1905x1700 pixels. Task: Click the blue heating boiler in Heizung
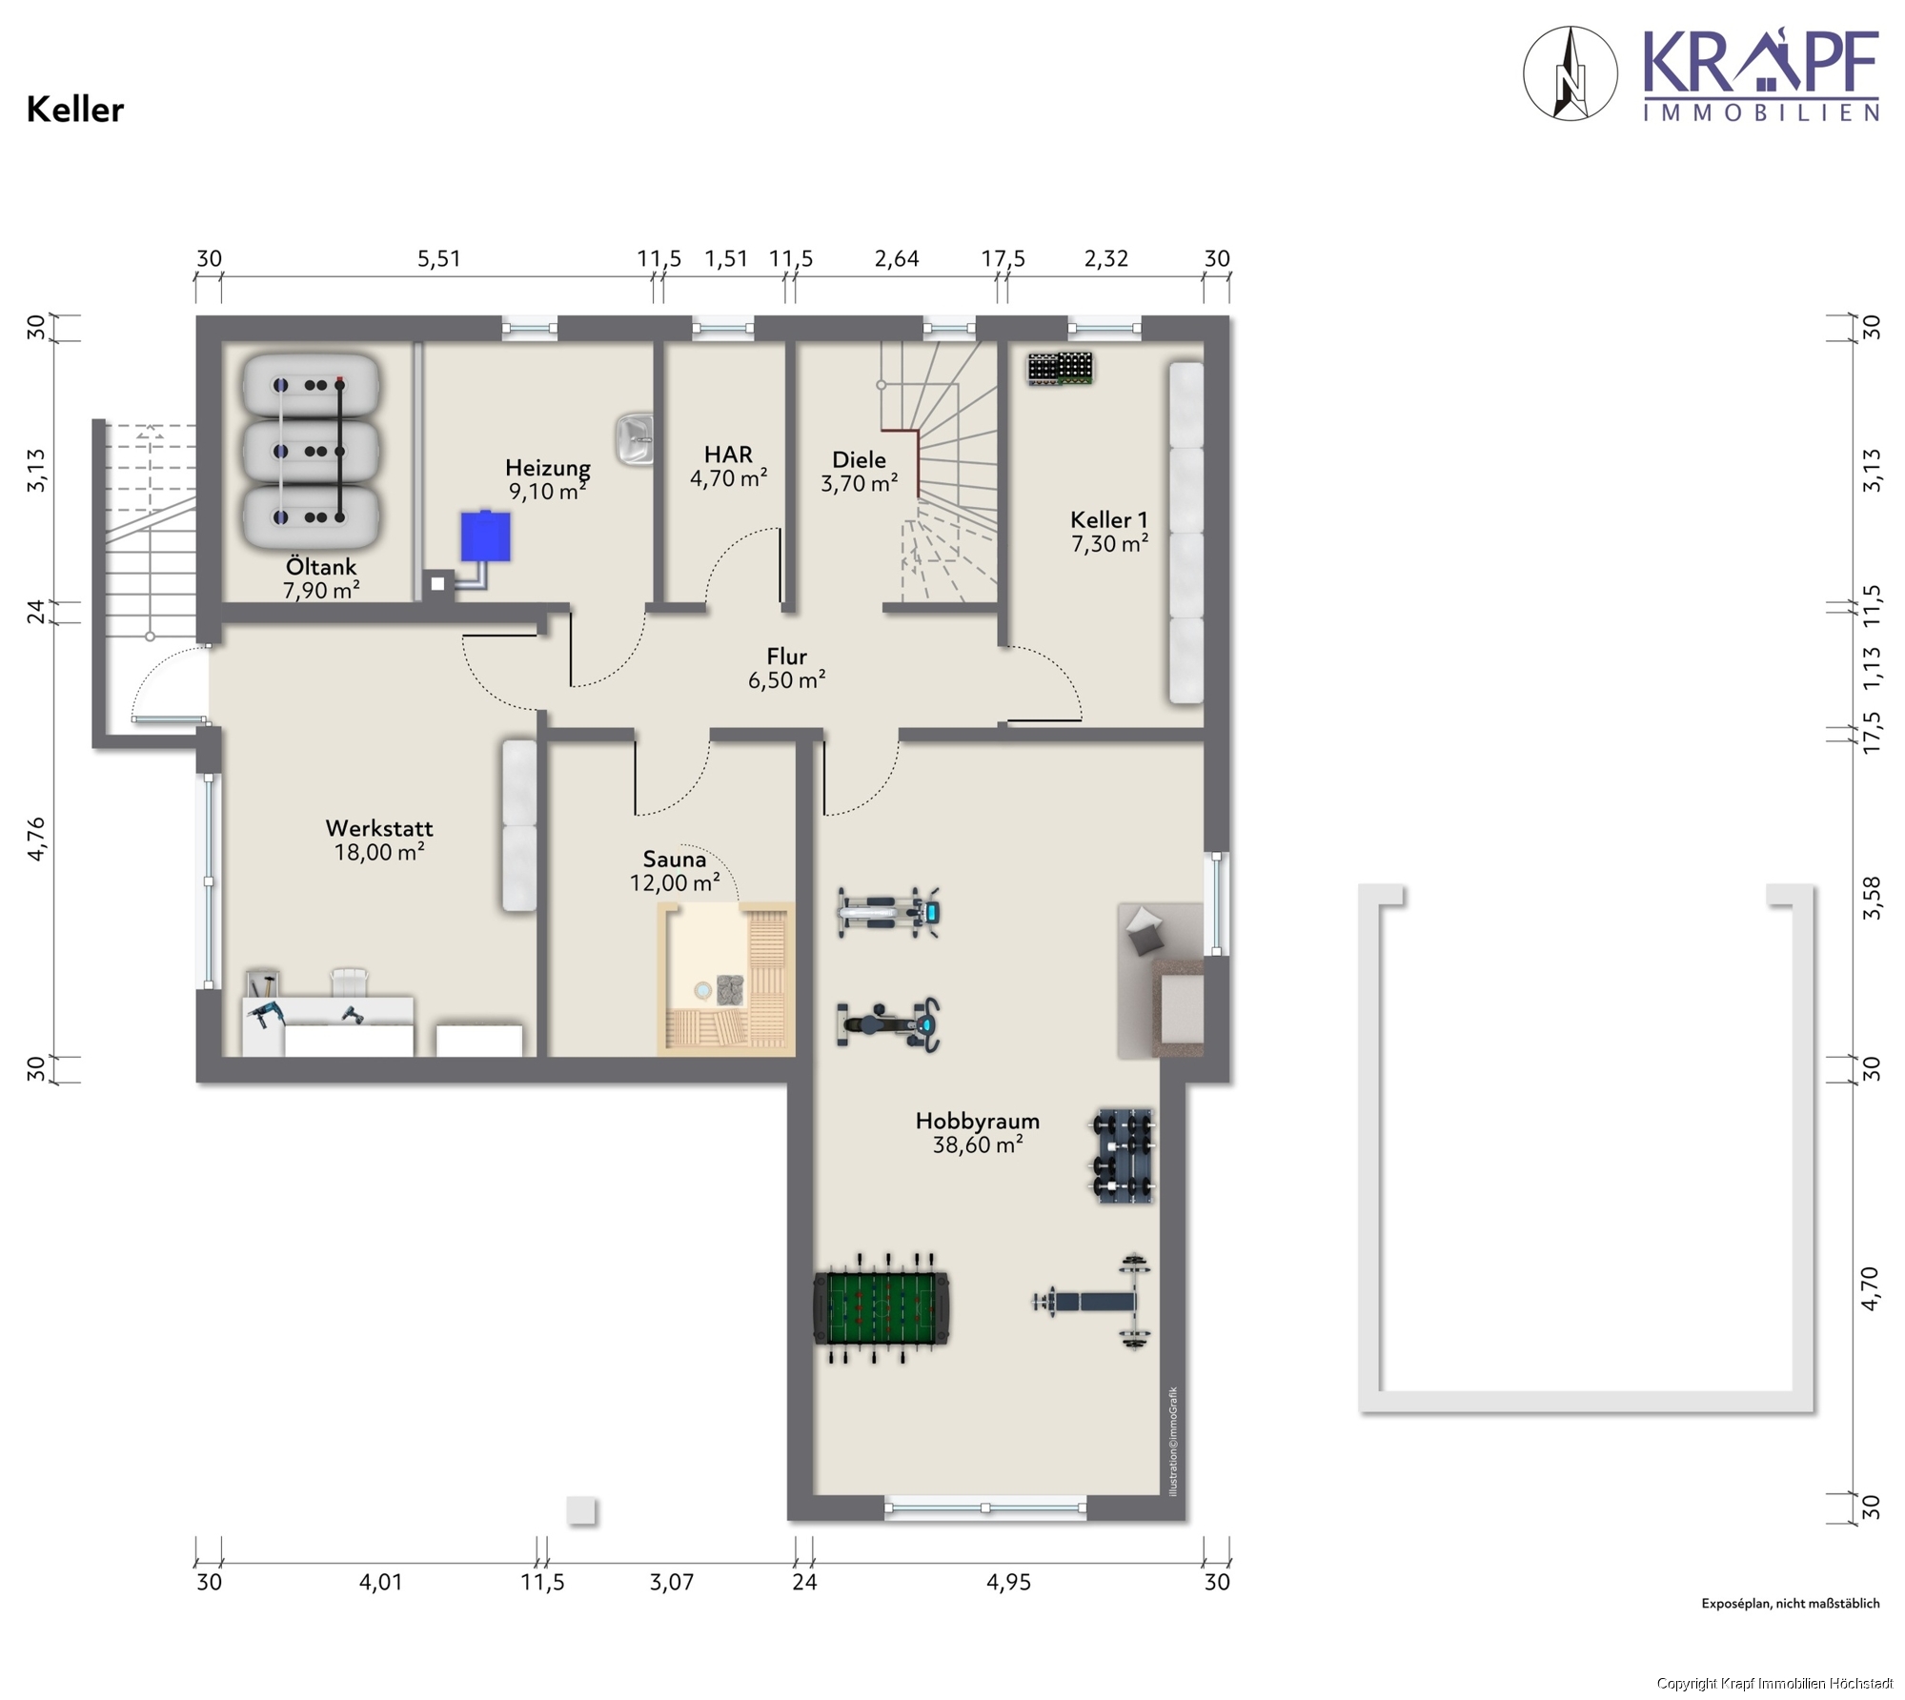[x=485, y=536]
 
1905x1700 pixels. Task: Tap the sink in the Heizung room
[x=635, y=439]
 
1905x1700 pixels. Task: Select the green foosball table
[x=882, y=1308]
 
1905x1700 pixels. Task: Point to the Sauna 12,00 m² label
[x=675, y=871]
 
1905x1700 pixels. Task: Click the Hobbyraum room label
[x=978, y=1132]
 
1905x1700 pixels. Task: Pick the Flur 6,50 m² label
[x=787, y=668]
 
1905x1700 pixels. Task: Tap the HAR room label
[x=729, y=466]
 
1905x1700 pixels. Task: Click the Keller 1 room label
[x=1109, y=531]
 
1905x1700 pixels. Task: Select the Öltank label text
[x=321, y=566]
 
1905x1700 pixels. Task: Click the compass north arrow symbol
[x=1571, y=73]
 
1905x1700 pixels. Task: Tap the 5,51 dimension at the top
[x=439, y=258]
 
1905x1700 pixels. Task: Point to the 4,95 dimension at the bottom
[x=1008, y=1582]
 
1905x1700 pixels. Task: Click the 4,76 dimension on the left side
[x=36, y=839]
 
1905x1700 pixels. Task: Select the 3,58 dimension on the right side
[x=1872, y=898]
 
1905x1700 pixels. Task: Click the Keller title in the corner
[x=75, y=110]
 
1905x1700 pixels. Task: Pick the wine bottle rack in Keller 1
[x=1060, y=369]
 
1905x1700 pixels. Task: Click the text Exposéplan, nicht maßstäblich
[x=1791, y=1604]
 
